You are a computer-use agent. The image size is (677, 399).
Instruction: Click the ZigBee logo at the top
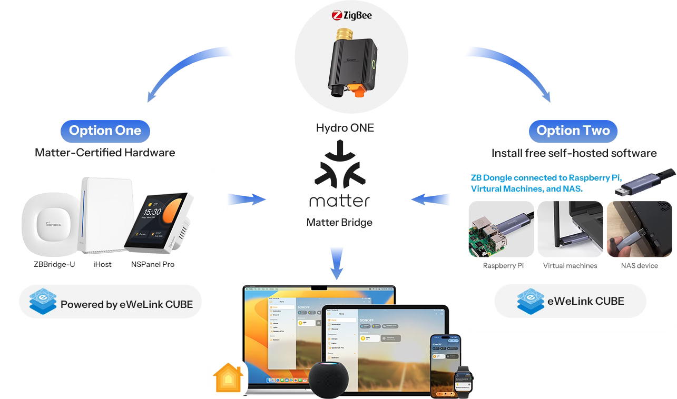click(351, 15)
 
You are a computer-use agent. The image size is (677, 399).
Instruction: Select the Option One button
click(105, 131)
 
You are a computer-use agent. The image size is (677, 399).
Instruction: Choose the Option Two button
click(573, 131)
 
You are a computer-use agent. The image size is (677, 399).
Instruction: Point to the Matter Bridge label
click(339, 223)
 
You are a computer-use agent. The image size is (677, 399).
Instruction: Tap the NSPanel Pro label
click(153, 264)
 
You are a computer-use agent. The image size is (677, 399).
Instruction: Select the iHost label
click(102, 264)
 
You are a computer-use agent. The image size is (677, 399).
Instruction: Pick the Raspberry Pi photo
click(501, 230)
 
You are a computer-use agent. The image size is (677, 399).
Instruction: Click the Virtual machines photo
click(570, 230)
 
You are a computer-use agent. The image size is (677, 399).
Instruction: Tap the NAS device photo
click(639, 230)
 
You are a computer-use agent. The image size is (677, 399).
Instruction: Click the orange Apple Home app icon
click(227, 378)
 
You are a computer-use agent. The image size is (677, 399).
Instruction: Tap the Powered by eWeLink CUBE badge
click(110, 304)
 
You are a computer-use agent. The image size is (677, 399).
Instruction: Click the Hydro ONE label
click(345, 127)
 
